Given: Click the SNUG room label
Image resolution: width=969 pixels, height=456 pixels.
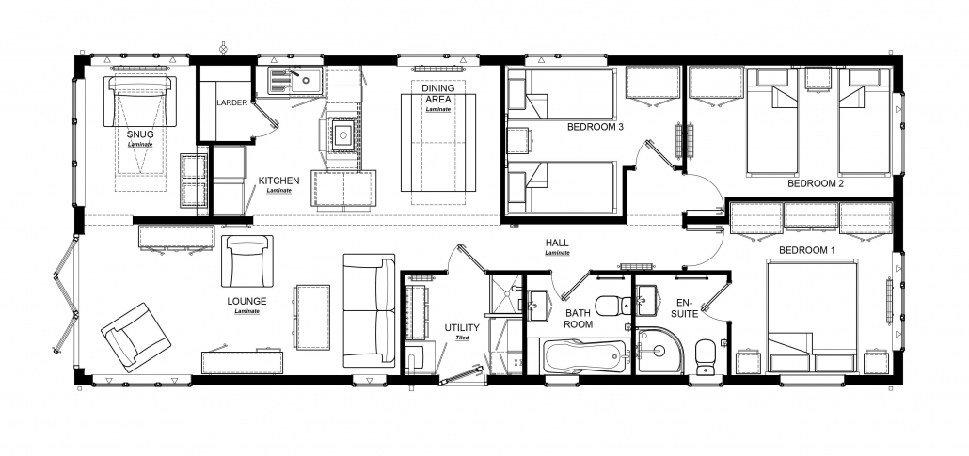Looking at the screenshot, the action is point(140,134).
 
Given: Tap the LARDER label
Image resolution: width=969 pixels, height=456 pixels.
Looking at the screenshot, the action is point(231,102).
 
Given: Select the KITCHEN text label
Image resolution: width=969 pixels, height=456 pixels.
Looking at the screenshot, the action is point(278,181).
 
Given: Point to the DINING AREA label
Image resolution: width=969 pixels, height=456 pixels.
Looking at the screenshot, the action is point(438,93).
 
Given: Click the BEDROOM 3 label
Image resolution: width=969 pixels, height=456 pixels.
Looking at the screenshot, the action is point(596,127).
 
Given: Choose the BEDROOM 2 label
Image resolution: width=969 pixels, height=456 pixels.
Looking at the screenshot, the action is point(816,183).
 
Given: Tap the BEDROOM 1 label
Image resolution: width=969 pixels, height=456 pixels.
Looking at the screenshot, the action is point(806,250).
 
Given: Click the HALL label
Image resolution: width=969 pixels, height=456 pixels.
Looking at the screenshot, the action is point(557,244).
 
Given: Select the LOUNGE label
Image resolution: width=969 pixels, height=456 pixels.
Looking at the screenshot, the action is point(246,302).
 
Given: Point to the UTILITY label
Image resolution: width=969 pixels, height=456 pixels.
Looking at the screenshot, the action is point(462,327).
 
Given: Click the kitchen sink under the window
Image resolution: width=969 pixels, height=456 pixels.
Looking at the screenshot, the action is point(294,81).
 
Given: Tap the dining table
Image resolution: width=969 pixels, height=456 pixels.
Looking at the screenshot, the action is point(438,143).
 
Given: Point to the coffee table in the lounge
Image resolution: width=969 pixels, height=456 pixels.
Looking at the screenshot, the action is point(312,317).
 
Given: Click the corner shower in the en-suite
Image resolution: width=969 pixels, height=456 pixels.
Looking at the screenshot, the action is point(659,351).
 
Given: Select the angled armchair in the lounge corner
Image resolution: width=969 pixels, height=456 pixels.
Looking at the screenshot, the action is point(135,337).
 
